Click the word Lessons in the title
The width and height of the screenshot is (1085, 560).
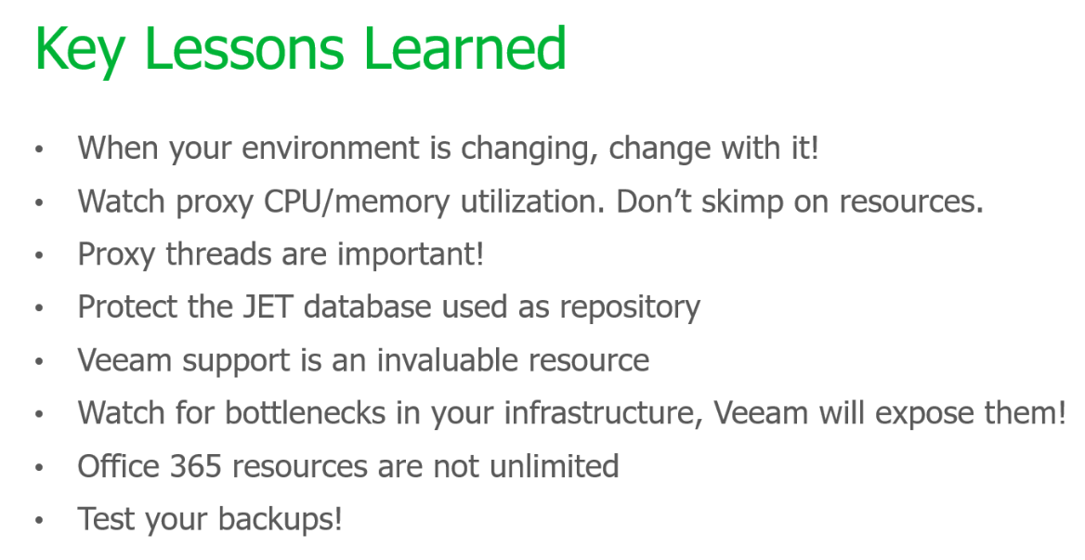tap(245, 48)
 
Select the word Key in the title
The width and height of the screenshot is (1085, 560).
tap(80, 52)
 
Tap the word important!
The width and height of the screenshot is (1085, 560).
tap(411, 254)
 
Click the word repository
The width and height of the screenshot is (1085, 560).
tap(630, 308)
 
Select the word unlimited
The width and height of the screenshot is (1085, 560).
tap(554, 466)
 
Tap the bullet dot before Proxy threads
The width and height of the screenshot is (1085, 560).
tap(39, 255)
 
